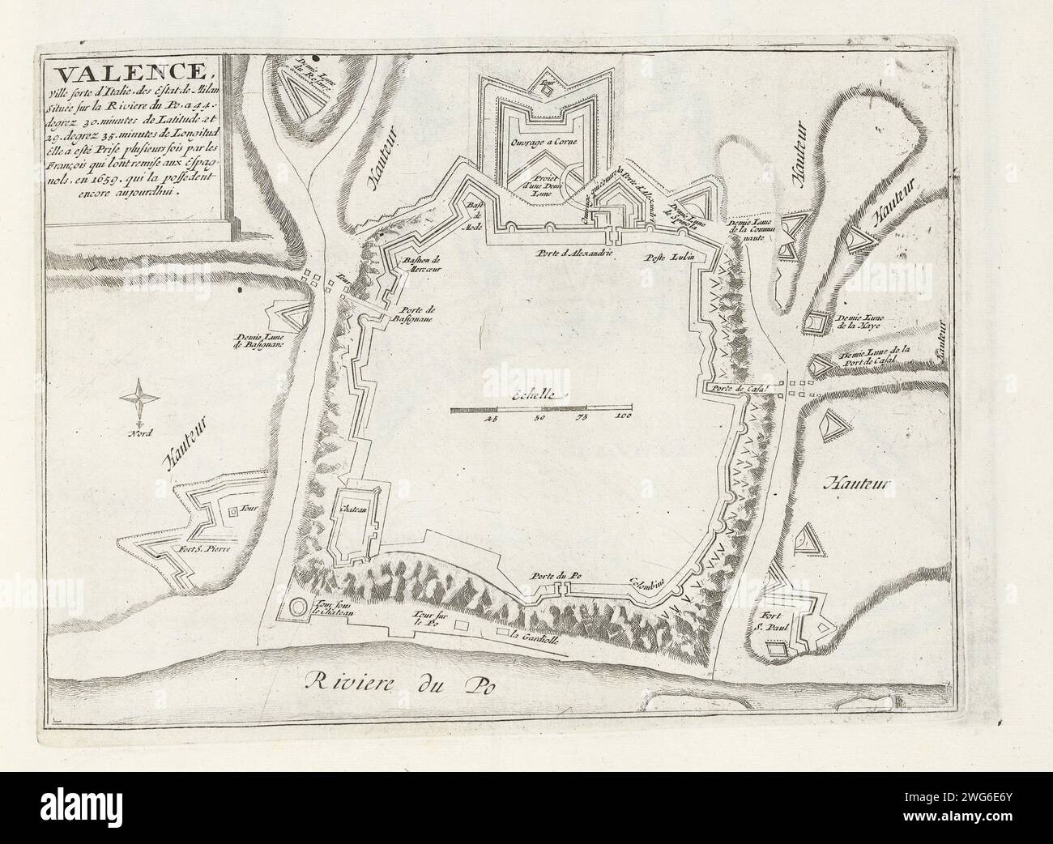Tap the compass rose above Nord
pyautogui.click(x=139, y=398)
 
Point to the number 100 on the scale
pyautogui.click(x=622, y=418)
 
